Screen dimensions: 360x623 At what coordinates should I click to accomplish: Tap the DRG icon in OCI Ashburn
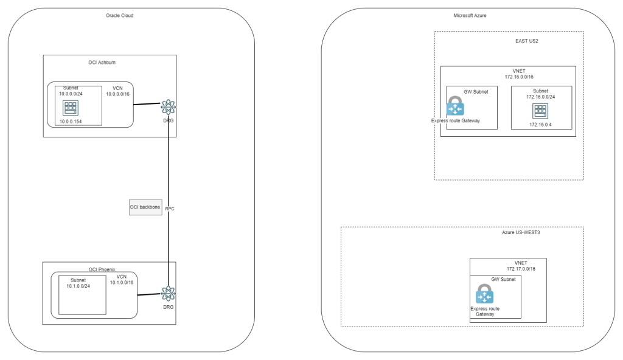click(x=169, y=107)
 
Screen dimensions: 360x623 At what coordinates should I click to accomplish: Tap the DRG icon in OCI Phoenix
click(x=169, y=294)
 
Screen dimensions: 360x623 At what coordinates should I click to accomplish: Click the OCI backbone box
click(x=145, y=207)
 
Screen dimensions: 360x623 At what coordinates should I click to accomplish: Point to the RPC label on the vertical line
click(x=170, y=209)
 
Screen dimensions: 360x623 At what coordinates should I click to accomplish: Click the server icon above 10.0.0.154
click(x=70, y=108)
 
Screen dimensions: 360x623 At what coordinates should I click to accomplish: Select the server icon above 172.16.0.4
click(x=540, y=111)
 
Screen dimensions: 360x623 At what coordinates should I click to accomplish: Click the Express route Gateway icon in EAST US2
click(x=455, y=106)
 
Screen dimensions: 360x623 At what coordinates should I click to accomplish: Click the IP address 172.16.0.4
click(x=540, y=125)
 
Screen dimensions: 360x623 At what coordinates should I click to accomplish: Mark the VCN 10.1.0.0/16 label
click(x=121, y=279)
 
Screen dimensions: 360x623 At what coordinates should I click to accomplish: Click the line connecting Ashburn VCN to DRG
click(x=147, y=105)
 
